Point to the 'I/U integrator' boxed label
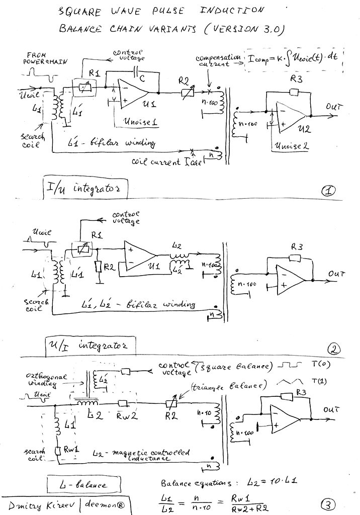(x=84, y=190)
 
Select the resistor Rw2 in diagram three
(x=124, y=403)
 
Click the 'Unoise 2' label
(x=289, y=146)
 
